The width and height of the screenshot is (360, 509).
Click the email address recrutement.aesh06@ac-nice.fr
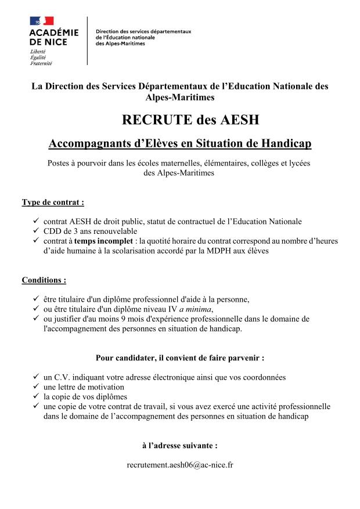(x=179, y=465)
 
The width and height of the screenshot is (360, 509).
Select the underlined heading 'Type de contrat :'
(x=53, y=203)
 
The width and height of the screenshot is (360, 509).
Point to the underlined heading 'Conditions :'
(x=44, y=280)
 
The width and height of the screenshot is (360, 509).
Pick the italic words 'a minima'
(x=213, y=309)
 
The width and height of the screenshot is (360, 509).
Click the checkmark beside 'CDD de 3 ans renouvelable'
(x=36, y=231)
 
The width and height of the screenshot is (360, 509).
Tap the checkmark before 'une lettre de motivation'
(x=36, y=387)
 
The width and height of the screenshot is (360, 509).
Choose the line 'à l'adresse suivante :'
(x=179, y=446)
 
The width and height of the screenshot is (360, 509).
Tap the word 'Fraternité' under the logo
(x=41, y=62)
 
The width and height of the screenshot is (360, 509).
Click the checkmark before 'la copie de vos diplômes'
(x=36, y=397)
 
